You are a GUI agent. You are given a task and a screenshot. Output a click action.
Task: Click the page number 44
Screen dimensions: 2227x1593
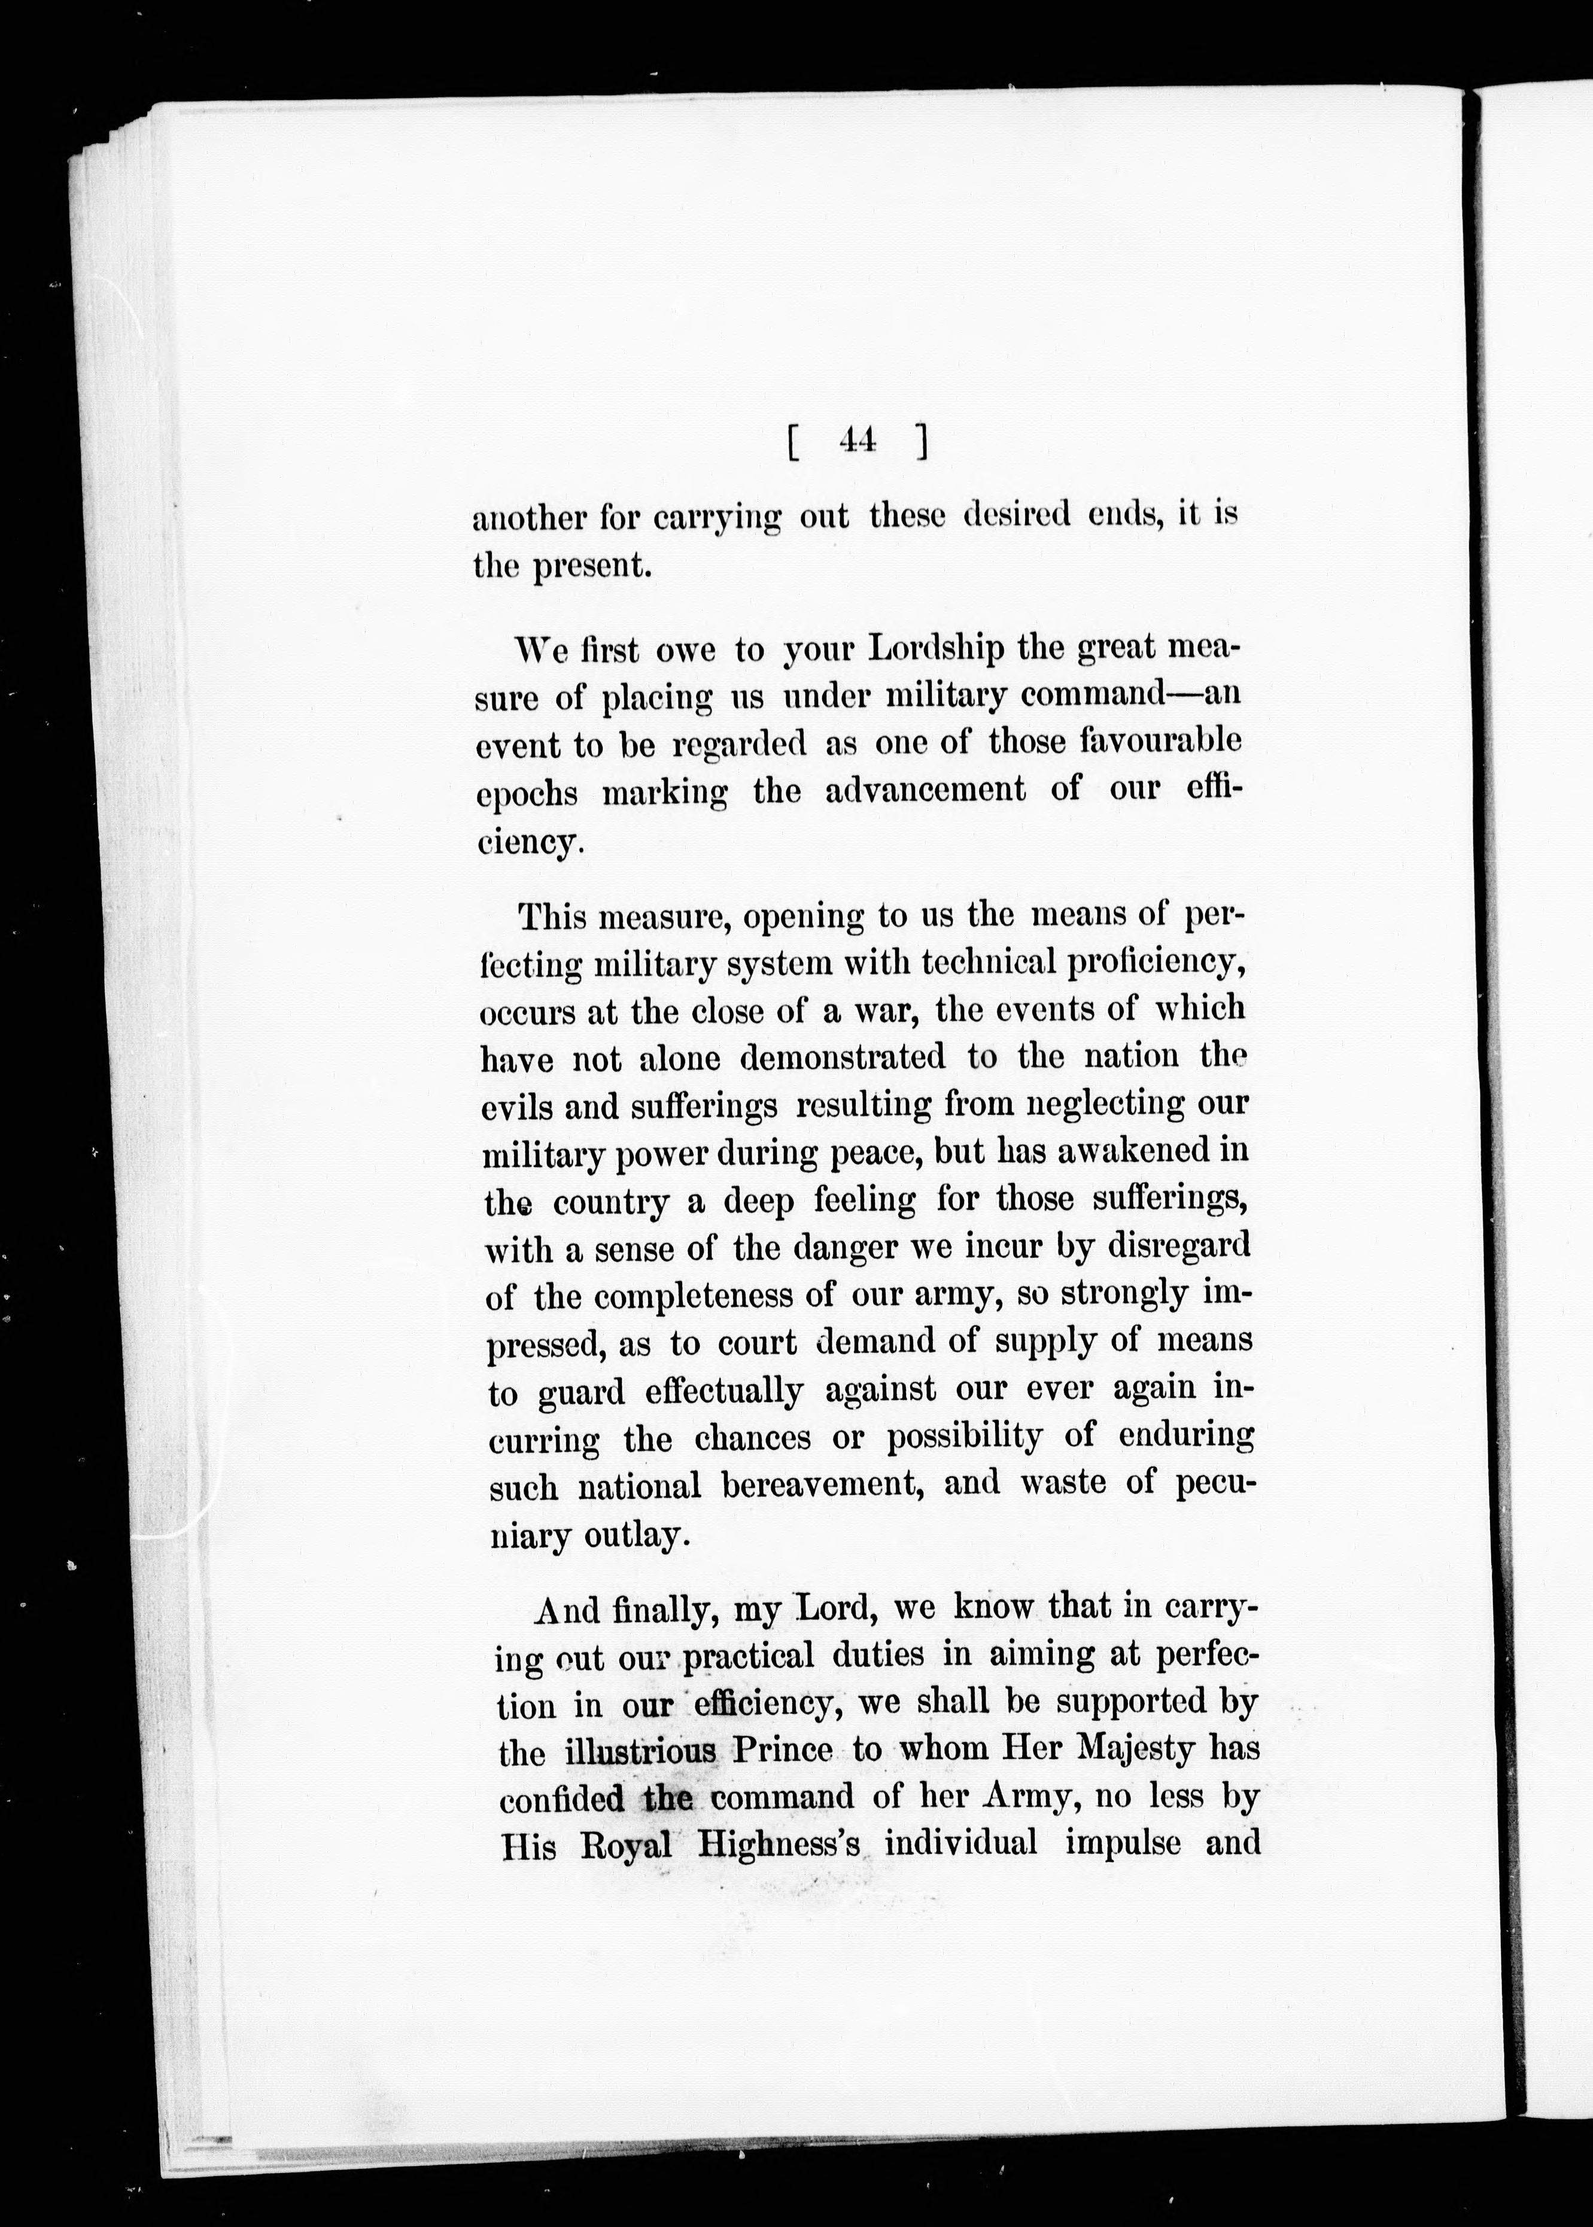click(x=858, y=442)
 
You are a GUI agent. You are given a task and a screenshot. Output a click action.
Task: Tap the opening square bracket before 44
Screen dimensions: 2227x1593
click(x=791, y=444)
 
